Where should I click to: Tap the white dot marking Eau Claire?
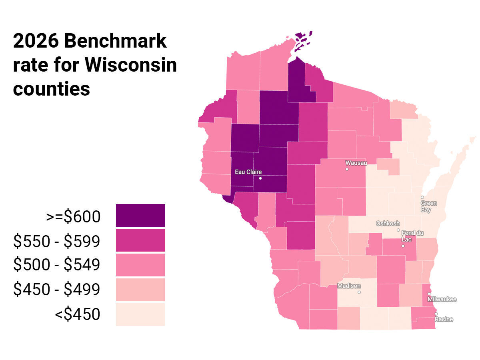tap(260, 178)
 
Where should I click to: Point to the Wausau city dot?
tap(347, 169)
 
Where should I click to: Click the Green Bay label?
tap(428, 206)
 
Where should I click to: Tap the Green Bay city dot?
tap(422, 197)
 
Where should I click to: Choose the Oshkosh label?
tap(388, 223)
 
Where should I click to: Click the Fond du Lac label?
tap(409, 236)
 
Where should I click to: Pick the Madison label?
tap(349, 286)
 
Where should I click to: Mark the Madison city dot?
tap(359, 292)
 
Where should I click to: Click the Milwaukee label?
tap(442, 299)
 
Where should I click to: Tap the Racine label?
tap(444, 319)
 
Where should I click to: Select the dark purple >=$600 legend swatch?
tap(140, 215)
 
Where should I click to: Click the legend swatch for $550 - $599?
tap(140, 240)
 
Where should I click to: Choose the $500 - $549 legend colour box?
tap(140, 265)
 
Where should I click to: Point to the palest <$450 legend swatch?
tap(140, 314)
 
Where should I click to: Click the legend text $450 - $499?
tap(56, 289)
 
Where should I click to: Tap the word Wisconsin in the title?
tap(131, 64)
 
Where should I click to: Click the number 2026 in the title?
tap(35, 41)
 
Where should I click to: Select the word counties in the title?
tap(51, 88)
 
